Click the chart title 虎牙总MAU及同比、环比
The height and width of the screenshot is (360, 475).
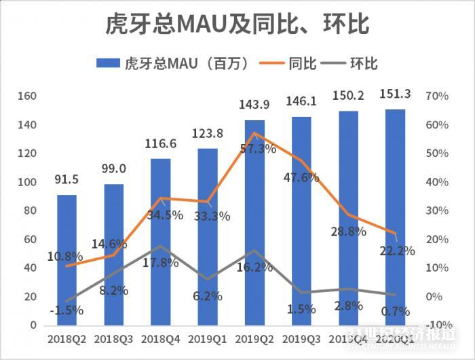coord(237,24)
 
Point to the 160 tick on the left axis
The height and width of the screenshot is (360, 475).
coord(27,96)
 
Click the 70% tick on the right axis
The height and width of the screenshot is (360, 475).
coord(436,96)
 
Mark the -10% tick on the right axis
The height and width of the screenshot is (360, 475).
coord(436,325)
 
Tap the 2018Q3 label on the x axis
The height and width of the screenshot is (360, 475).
coord(113,338)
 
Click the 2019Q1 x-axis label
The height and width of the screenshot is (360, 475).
coord(208,338)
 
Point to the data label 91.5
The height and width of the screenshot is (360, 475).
coord(66,180)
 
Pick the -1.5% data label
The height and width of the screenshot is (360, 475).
coord(66,310)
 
